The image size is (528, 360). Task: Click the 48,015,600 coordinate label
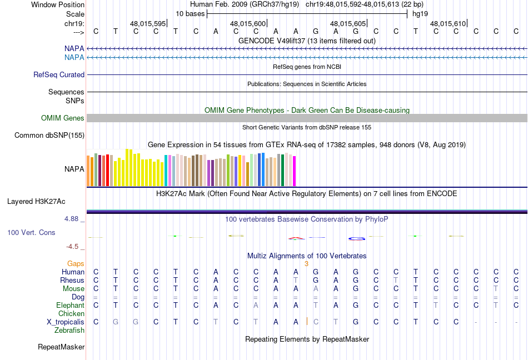(248, 23)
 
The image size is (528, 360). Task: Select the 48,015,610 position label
(448, 23)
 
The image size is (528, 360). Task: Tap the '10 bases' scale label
(190, 14)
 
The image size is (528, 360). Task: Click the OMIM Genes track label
(63, 118)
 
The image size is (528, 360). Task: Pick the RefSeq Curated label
(59, 74)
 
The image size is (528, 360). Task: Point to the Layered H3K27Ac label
(36, 202)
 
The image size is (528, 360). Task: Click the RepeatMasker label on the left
(61, 347)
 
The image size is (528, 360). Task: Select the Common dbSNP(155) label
(49, 135)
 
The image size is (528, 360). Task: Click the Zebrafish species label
(69, 331)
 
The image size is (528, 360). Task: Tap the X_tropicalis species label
(66, 322)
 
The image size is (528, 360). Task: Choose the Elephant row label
(71, 305)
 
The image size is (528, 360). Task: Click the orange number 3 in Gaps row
(306, 264)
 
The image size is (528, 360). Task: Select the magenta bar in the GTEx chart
(295, 171)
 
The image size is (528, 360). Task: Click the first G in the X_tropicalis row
(116, 322)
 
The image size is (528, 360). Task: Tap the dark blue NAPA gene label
(74, 48)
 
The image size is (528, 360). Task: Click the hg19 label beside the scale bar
(420, 14)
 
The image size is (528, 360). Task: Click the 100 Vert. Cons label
(31, 232)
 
